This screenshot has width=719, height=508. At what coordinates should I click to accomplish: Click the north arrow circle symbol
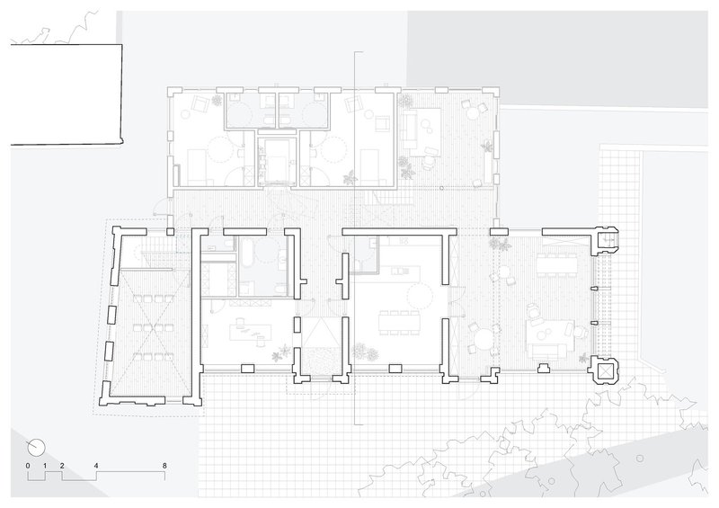pyautogui.click(x=37, y=447)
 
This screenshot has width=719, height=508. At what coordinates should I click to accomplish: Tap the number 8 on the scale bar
pyautogui.click(x=164, y=466)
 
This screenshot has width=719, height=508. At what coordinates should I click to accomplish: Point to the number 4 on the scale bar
pyautogui.click(x=96, y=466)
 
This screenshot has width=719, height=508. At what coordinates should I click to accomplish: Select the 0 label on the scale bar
pyautogui.click(x=28, y=466)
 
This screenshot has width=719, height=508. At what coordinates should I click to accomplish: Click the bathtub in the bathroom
pyautogui.click(x=246, y=253)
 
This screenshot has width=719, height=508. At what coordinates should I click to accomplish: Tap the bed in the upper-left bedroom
pyautogui.click(x=200, y=165)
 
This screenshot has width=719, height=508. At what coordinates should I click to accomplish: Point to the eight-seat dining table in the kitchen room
pyautogui.click(x=399, y=323)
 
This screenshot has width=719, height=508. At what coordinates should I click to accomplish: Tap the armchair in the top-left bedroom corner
pyautogui.click(x=200, y=104)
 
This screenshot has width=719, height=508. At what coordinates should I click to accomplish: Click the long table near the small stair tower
pyautogui.click(x=558, y=263)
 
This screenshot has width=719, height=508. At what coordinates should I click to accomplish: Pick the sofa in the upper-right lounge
pyautogui.click(x=407, y=128)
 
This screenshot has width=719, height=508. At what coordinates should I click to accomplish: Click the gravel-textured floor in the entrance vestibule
pyautogui.click(x=319, y=361)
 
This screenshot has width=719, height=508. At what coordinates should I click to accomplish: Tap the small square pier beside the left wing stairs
pyautogui.click(x=170, y=232)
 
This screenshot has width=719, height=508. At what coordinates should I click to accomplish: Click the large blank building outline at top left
pyautogui.click(x=67, y=94)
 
